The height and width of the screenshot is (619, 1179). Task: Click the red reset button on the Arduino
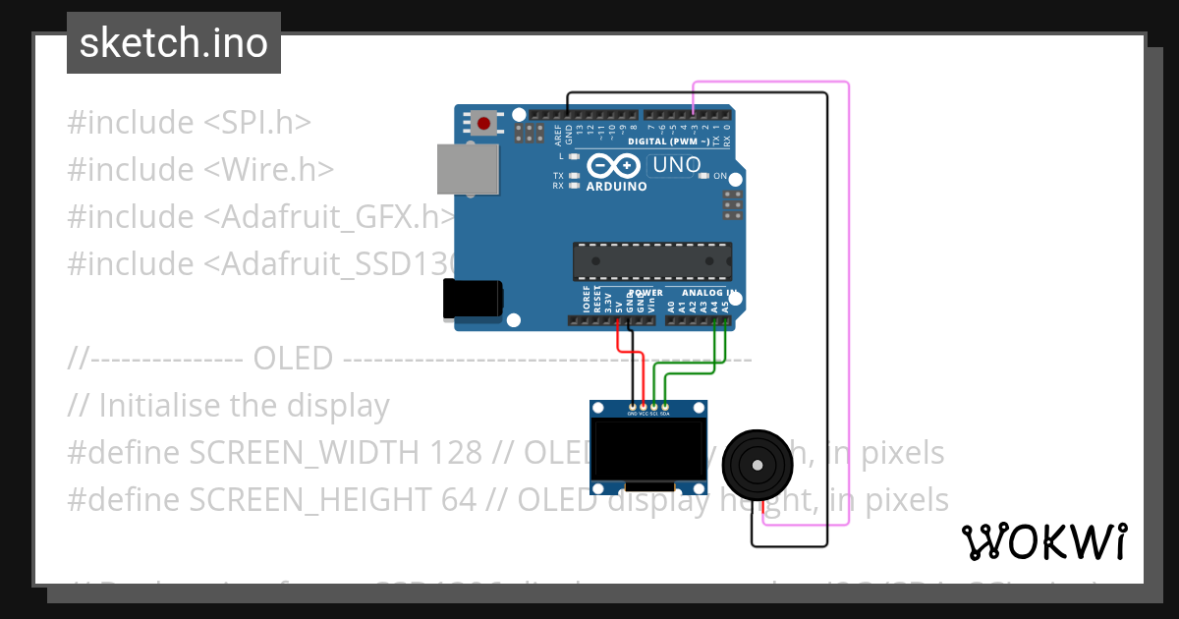(x=483, y=123)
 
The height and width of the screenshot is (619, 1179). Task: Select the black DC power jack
(x=473, y=299)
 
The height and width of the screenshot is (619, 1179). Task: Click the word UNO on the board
(x=676, y=165)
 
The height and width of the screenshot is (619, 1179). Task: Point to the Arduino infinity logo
(x=616, y=166)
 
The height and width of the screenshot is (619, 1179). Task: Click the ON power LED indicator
(x=703, y=176)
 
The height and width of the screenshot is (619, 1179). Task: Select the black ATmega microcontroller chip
(x=651, y=261)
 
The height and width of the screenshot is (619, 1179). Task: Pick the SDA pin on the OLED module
(x=665, y=406)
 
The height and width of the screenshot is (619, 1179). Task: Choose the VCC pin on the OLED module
(x=644, y=406)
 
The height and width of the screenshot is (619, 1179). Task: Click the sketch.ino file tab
(x=174, y=43)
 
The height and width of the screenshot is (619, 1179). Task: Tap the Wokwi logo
(x=1043, y=541)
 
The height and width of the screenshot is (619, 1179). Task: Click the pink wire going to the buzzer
(x=848, y=295)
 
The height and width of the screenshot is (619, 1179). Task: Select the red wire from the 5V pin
(x=618, y=340)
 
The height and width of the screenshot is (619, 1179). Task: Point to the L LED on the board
(x=573, y=156)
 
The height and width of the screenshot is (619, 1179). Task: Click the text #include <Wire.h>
(x=200, y=170)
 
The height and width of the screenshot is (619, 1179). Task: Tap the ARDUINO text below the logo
(x=616, y=187)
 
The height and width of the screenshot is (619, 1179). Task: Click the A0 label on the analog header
(x=671, y=307)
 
